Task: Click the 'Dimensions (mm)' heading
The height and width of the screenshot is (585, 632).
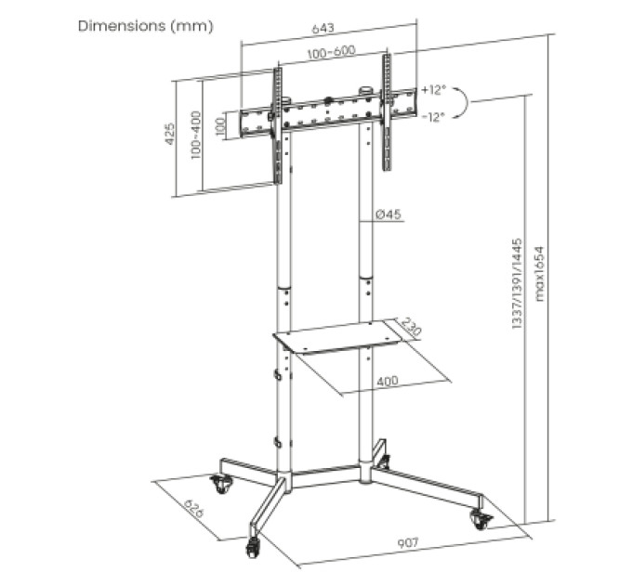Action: [x=146, y=26]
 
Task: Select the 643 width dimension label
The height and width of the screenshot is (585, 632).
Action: [x=323, y=28]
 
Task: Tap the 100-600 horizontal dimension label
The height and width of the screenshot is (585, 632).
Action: [x=331, y=52]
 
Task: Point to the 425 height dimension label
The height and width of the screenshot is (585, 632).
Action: [x=170, y=134]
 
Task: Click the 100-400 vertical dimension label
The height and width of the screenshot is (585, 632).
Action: [x=196, y=136]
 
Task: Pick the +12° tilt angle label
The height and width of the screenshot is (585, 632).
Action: [x=434, y=89]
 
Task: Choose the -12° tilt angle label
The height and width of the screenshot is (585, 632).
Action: [x=433, y=117]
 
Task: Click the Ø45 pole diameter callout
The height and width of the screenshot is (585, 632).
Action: [x=388, y=214]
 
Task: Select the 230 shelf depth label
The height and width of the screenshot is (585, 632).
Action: [x=411, y=327]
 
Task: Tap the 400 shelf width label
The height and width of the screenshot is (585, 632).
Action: [x=388, y=381]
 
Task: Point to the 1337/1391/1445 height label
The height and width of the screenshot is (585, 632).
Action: [x=517, y=284]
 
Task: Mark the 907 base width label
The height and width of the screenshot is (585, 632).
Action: [x=408, y=543]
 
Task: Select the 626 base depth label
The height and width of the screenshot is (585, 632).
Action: [x=194, y=509]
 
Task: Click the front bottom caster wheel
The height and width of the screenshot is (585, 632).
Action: [x=253, y=549]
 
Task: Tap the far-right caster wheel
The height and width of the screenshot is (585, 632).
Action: [x=481, y=518]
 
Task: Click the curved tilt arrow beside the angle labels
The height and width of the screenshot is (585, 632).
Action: [x=463, y=102]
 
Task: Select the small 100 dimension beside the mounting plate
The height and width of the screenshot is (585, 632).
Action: [x=220, y=127]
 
